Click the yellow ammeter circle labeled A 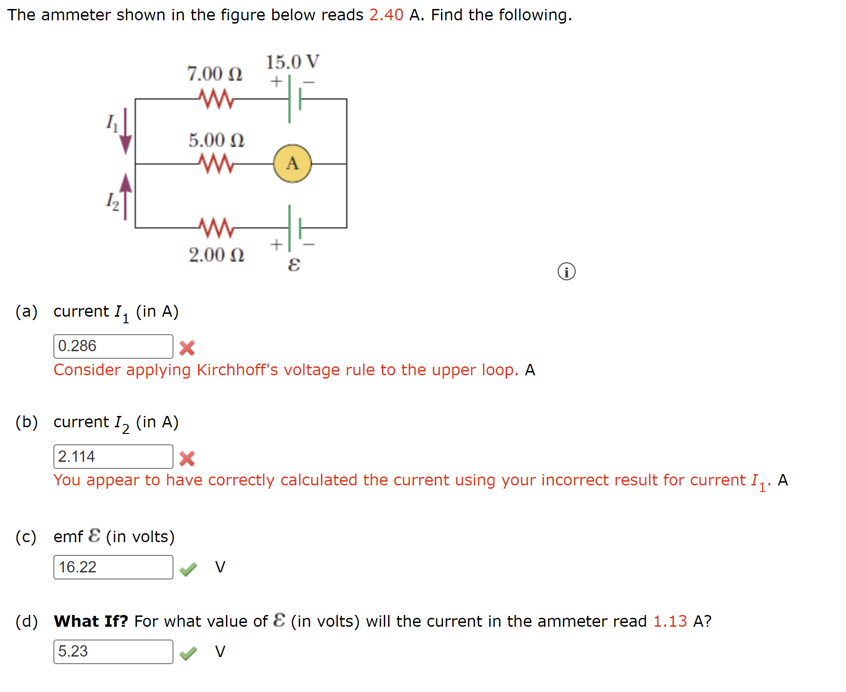(x=292, y=164)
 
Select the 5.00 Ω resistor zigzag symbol (x=216, y=164)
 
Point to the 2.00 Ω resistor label (x=216, y=255)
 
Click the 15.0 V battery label (x=292, y=62)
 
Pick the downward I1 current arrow (x=125, y=132)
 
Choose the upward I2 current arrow (x=125, y=196)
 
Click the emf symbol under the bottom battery (x=294, y=265)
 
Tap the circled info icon (x=566, y=272)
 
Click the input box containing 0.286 (x=113, y=346)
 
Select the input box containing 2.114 (x=113, y=457)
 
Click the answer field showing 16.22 (x=113, y=567)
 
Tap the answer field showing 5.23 (x=113, y=652)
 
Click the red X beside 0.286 (x=187, y=348)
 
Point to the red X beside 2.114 (x=187, y=458)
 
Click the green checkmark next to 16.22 (x=188, y=569)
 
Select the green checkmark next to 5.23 (x=188, y=653)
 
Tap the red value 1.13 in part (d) (x=670, y=621)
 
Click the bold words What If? (x=91, y=621)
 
